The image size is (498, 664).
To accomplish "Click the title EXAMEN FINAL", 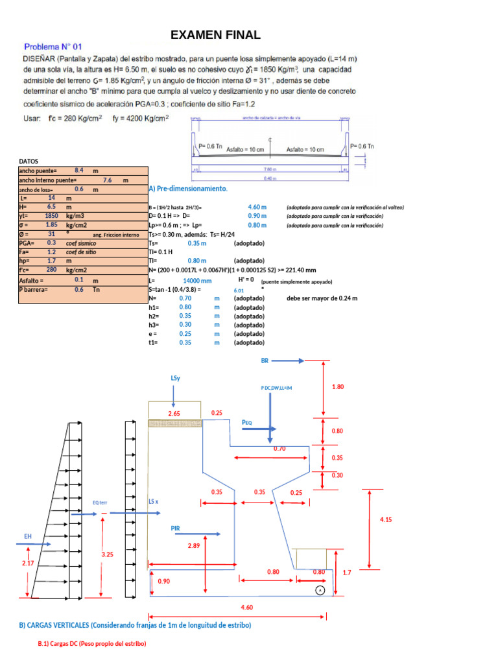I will pos(215,35).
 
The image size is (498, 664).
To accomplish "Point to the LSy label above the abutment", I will pos(175,377).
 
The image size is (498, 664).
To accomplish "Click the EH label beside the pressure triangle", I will pos(28,536).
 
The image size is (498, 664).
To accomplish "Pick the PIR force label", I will pos(175,528).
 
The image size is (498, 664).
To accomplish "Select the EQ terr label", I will pos(100,502).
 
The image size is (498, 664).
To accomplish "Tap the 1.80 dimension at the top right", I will pos(337,386).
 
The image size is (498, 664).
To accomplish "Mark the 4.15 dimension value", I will pos(386,519).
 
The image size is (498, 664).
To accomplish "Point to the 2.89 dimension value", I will pos(193,546).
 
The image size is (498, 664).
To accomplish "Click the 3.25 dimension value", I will pos(108,554).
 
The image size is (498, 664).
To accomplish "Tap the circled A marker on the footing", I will pos(320,590).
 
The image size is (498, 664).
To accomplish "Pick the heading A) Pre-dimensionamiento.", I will pos(188,189).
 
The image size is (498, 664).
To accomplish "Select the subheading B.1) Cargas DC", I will pos(91,643).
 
